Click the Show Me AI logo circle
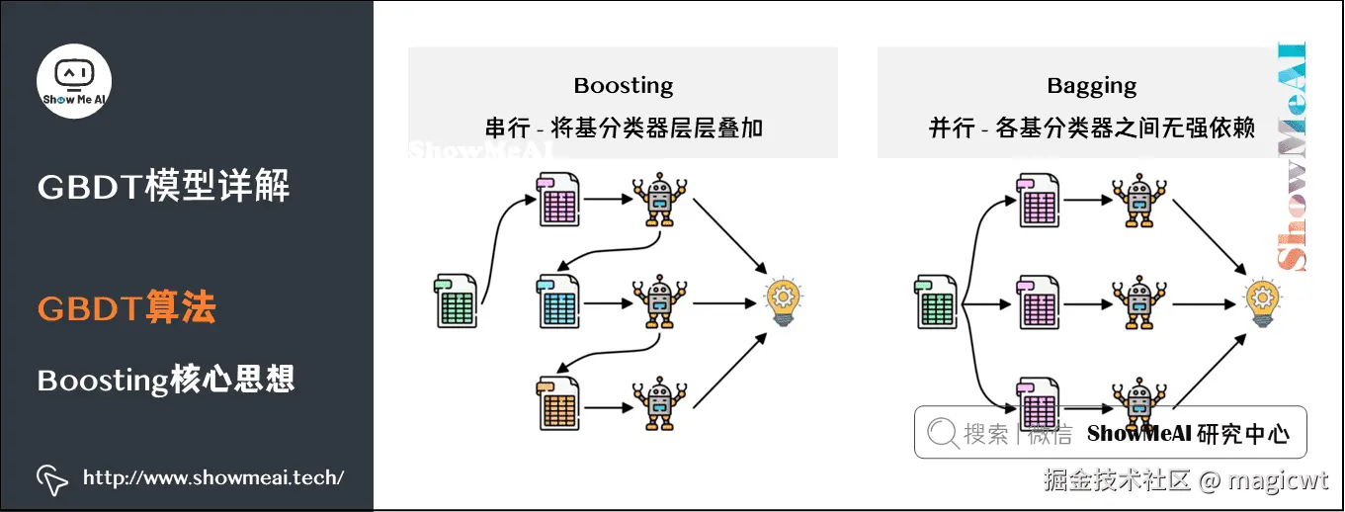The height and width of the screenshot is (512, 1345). click(x=74, y=81)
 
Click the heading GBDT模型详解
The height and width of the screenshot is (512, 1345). click(x=164, y=187)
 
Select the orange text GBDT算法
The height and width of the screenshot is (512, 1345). click(x=126, y=309)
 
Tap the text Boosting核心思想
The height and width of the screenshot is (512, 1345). click(x=166, y=381)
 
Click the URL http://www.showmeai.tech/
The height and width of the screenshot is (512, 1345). click(x=213, y=478)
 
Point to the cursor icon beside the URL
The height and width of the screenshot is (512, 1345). click(x=52, y=479)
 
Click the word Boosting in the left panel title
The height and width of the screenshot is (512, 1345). click(x=623, y=86)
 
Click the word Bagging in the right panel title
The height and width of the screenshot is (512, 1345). click(x=1091, y=86)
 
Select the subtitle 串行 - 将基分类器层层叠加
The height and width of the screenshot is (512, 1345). click(x=623, y=128)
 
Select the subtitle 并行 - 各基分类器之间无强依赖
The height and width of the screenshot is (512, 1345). click(x=1091, y=128)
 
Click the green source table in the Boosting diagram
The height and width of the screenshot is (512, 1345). click(x=456, y=301)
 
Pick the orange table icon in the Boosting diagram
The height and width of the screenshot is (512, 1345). click(x=558, y=401)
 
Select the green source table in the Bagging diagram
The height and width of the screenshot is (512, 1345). click(x=934, y=301)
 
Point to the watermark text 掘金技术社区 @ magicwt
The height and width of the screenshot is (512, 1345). click(x=1187, y=481)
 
